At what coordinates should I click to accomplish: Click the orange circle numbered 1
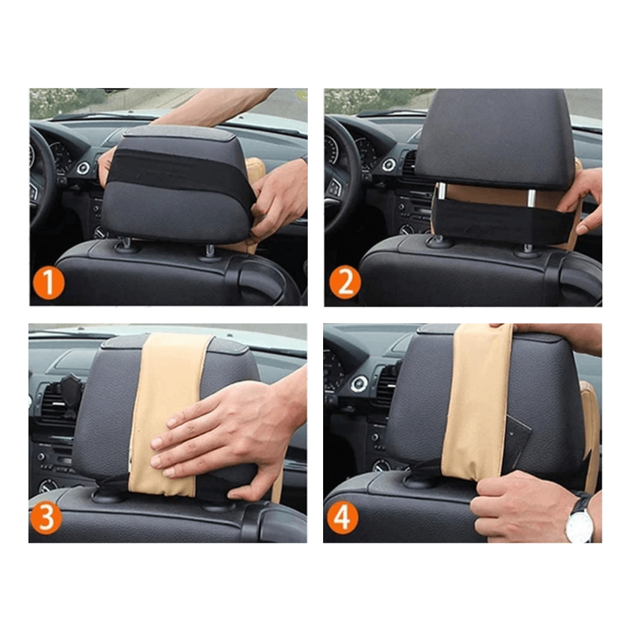(x=48, y=283)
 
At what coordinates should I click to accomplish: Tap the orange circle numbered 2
(x=345, y=282)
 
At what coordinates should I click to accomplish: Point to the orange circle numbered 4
(x=342, y=518)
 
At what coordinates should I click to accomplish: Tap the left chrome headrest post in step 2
(x=442, y=190)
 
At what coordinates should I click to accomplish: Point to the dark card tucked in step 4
(x=516, y=443)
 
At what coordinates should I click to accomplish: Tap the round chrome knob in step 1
(x=84, y=168)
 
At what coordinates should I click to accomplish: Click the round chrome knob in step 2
(x=389, y=164)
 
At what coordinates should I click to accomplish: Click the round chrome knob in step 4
(x=358, y=384)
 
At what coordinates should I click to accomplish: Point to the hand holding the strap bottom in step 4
(x=523, y=508)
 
